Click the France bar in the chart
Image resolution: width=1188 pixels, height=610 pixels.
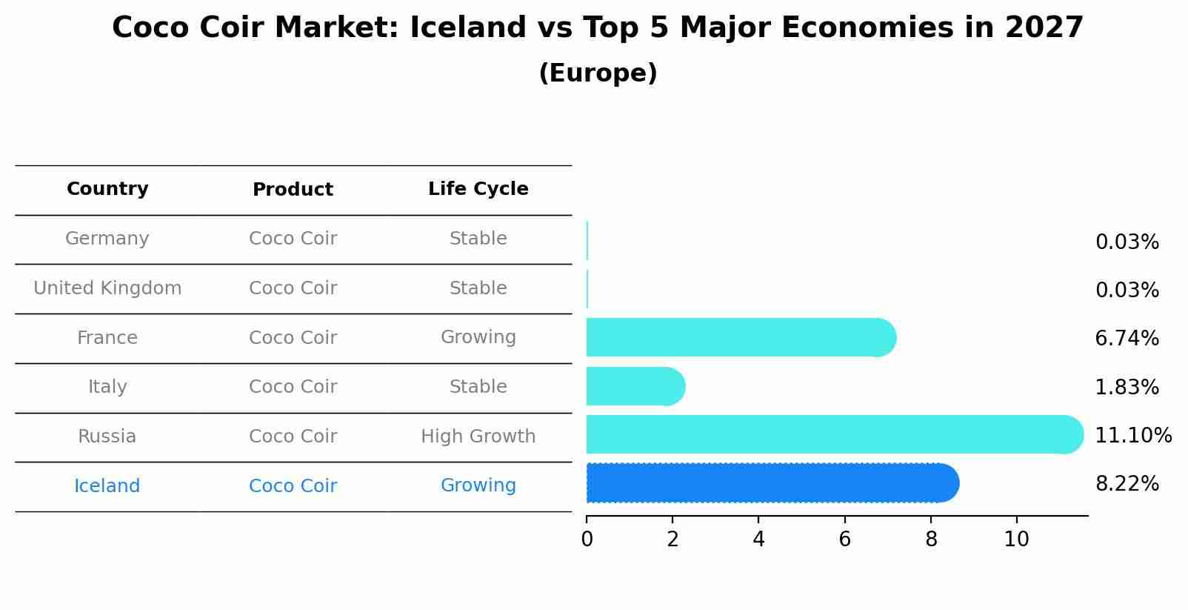click(741, 338)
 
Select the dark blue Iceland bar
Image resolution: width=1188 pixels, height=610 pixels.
click(772, 483)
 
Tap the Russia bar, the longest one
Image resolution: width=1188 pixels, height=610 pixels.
click(835, 434)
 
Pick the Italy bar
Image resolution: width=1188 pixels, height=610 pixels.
click(636, 386)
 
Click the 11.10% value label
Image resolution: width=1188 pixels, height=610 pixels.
click(1133, 435)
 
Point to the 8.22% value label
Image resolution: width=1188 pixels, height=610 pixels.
click(1127, 484)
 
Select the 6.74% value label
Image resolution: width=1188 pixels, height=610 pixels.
click(1127, 338)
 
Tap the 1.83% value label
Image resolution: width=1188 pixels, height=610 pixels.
click(1127, 387)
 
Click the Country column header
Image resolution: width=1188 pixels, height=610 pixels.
click(107, 189)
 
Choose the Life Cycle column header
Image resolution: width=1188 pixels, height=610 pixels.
click(478, 189)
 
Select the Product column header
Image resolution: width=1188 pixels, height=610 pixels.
click(293, 189)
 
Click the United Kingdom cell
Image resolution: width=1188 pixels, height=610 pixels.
click(107, 288)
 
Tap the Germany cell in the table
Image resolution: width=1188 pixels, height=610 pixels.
click(107, 239)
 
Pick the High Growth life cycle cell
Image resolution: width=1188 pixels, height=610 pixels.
click(478, 437)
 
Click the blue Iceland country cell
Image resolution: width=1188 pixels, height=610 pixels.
click(107, 485)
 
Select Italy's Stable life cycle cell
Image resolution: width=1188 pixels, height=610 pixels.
click(478, 386)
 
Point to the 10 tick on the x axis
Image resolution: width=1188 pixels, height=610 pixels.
click(1017, 540)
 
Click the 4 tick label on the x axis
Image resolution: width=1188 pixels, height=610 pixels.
click(758, 540)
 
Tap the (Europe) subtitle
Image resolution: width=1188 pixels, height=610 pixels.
click(598, 73)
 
